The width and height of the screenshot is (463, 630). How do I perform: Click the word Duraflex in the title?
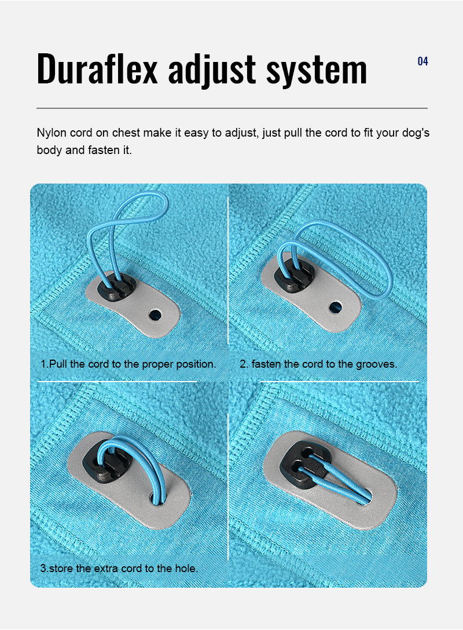pyautogui.click(x=97, y=69)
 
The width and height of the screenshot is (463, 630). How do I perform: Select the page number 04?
pyautogui.click(x=422, y=61)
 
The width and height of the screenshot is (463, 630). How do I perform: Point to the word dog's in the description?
pyautogui.click(x=415, y=133)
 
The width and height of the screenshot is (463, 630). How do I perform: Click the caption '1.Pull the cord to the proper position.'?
pyautogui.click(x=128, y=364)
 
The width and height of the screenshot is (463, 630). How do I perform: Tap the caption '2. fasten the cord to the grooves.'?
pyautogui.click(x=318, y=364)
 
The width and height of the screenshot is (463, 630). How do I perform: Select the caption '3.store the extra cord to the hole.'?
pyautogui.click(x=119, y=568)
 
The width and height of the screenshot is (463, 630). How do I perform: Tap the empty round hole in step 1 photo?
pyautogui.click(x=155, y=314)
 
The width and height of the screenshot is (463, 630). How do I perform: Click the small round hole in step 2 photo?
pyautogui.click(x=335, y=306)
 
